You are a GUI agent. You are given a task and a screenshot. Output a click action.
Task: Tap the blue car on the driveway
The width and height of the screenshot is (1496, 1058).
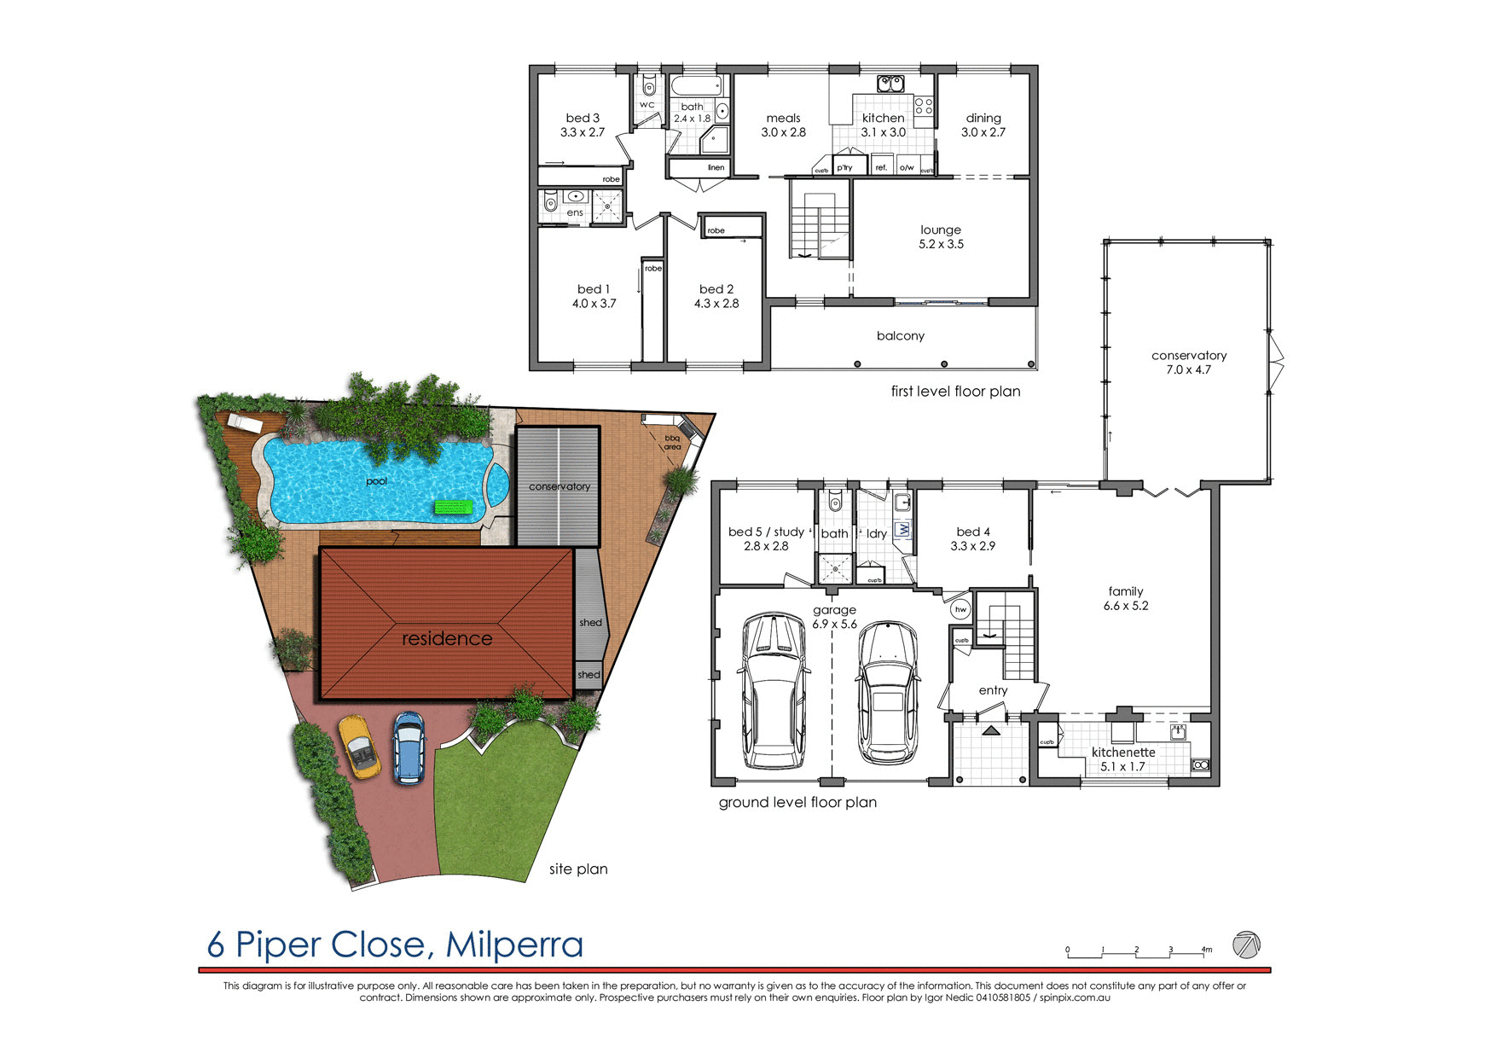coord(409,747)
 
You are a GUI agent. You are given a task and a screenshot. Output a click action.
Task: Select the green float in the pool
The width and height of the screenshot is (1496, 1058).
coord(454,508)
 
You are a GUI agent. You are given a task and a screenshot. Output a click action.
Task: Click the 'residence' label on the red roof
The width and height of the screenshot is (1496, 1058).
coord(447,638)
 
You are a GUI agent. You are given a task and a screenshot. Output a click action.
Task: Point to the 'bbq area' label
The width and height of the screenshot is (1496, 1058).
coord(673,443)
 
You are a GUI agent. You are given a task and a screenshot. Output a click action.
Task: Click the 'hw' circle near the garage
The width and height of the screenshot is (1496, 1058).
coord(960,609)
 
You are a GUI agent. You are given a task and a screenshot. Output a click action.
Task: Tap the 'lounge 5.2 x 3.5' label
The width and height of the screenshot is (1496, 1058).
coord(941,236)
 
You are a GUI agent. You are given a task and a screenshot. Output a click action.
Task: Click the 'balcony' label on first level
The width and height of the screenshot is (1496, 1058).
coord(900,336)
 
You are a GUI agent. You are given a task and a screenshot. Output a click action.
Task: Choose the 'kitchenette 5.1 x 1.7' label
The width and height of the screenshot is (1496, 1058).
coord(1123,759)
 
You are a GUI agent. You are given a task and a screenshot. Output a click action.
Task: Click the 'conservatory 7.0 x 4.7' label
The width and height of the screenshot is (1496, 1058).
coord(1188,362)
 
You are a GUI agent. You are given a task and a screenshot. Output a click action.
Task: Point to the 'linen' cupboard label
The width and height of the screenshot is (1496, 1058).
coord(716,168)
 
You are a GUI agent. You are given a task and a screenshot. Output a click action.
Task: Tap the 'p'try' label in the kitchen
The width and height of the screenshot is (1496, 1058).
coord(844,168)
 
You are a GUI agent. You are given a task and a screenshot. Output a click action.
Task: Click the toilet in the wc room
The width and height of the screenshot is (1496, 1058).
coord(648,86)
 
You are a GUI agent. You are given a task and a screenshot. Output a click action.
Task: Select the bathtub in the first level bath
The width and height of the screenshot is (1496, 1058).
coord(696,85)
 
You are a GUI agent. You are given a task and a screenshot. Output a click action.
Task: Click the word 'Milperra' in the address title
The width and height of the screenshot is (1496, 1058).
coord(514,945)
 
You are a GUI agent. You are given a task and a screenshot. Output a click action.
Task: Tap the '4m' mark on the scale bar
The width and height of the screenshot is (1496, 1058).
coord(1206,950)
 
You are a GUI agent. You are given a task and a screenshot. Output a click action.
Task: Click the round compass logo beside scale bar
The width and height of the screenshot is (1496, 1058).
coord(1246,945)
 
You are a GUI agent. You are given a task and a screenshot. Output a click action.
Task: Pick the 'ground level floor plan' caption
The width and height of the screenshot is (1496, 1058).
coord(797,802)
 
